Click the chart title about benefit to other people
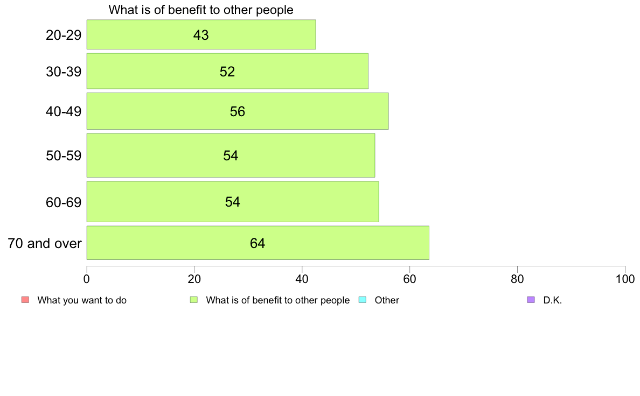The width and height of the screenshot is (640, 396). [x=201, y=10]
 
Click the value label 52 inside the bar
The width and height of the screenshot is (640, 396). [x=227, y=72]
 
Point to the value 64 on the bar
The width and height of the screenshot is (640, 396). [x=258, y=243]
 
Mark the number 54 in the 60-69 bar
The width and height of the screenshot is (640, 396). [x=232, y=202]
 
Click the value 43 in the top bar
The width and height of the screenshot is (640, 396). [x=201, y=35]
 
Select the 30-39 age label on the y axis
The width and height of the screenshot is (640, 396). [x=64, y=71]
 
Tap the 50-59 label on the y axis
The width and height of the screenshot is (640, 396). [x=64, y=155]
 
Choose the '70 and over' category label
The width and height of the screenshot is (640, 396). [x=45, y=243]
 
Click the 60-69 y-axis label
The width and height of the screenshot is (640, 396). [x=64, y=202]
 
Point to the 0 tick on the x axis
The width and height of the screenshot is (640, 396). [x=87, y=279]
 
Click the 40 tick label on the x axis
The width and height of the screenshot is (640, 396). [x=302, y=279]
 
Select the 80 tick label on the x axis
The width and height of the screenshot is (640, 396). [x=517, y=279]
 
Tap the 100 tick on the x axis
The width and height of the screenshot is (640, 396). [x=624, y=279]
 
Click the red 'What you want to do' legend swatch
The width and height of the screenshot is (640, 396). [x=25, y=300]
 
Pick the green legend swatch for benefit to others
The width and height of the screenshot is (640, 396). [x=193, y=300]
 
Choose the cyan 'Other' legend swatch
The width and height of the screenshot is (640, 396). [x=362, y=300]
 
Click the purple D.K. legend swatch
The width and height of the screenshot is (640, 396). [x=531, y=300]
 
